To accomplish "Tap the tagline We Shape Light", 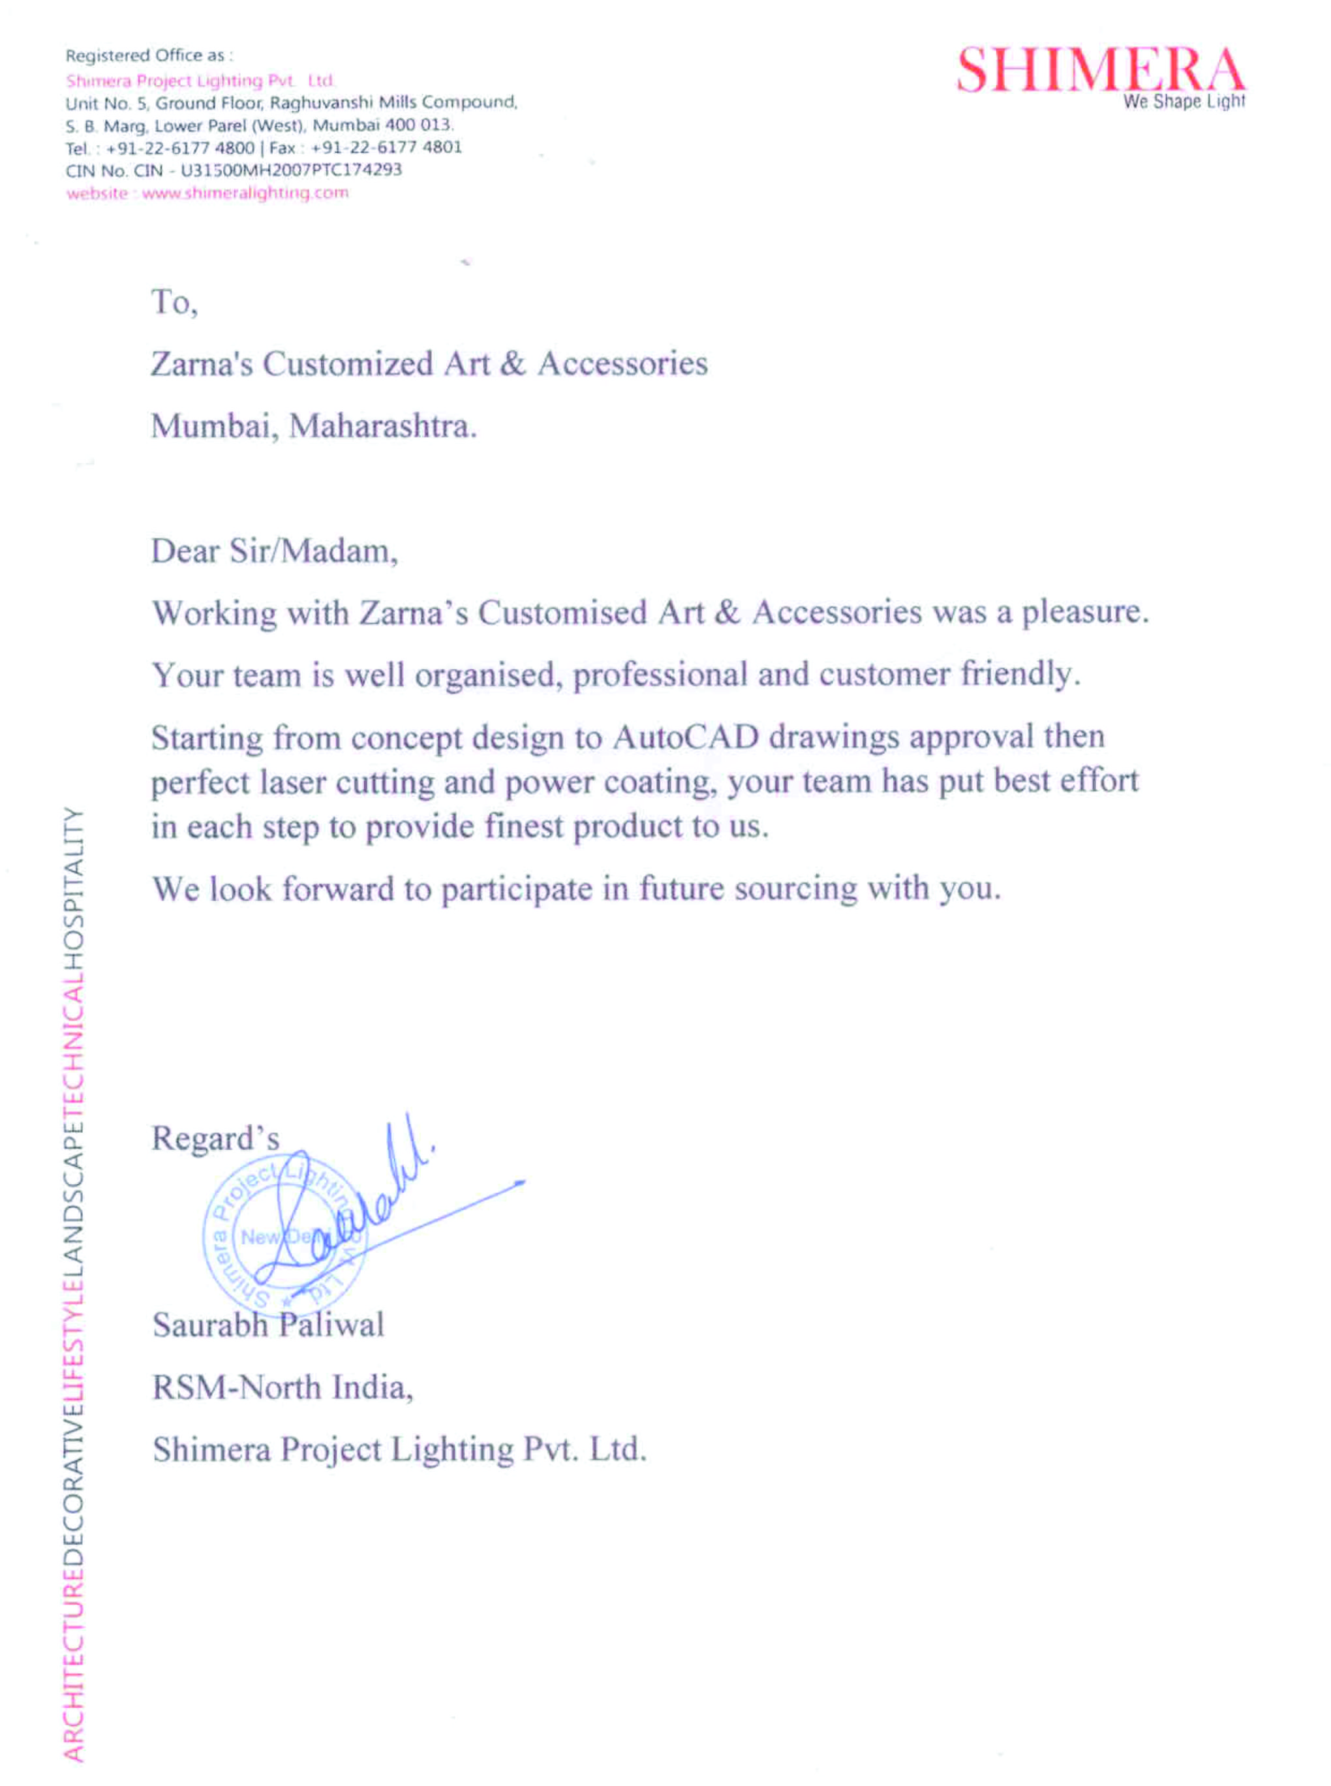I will (x=1184, y=102).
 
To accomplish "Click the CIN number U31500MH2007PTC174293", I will (x=291, y=170).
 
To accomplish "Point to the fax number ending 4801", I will (x=386, y=147).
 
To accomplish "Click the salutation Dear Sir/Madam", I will (x=274, y=552).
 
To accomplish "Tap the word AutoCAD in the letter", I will (x=686, y=737).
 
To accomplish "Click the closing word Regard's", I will (x=215, y=1138).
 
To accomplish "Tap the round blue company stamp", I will (x=282, y=1237).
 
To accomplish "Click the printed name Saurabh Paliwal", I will (x=268, y=1325).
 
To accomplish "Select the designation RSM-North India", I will (x=283, y=1387).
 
